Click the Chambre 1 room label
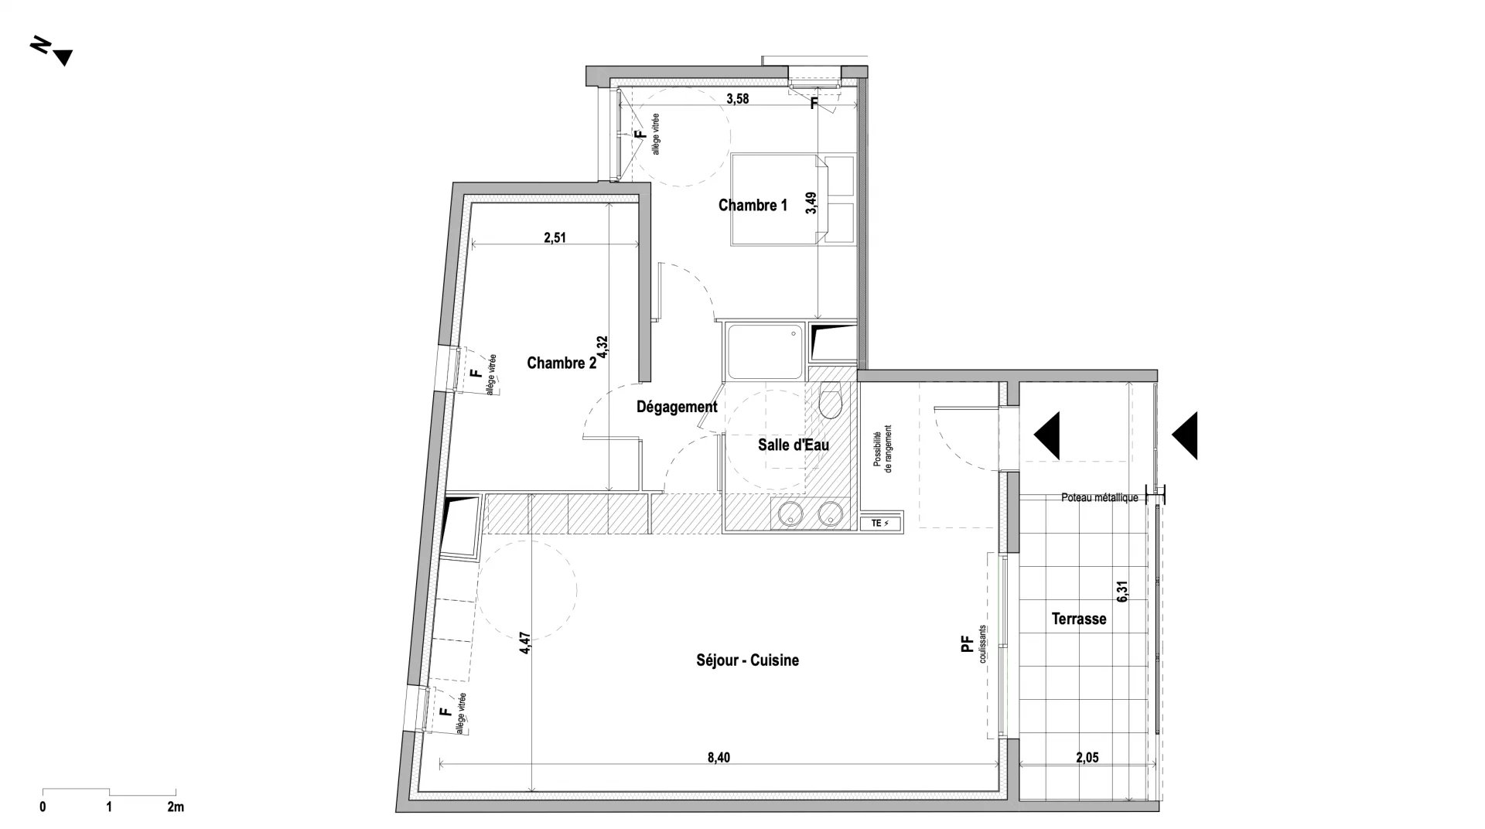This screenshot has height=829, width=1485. [x=753, y=205]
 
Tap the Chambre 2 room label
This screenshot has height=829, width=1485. [x=562, y=363]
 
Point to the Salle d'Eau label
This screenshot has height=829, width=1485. [x=794, y=445]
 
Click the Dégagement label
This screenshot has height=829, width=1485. [x=677, y=407]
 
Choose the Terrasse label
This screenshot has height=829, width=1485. [x=1079, y=619]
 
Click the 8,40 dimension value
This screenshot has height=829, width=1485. [x=719, y=758]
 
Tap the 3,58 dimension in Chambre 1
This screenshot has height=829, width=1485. [x=738, y=99]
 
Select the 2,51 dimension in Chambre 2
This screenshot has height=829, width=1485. [x=555, y=238]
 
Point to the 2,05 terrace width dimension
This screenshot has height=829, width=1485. [x=1087, y=758]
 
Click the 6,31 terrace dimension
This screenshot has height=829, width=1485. [x=1123, y=592]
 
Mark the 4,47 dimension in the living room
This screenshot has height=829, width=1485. [x=525, y=644]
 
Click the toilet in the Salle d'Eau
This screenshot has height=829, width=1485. [x=830, y=400]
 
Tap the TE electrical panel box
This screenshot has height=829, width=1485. [x=880, y=524]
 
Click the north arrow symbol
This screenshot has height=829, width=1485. [x=52, y=52]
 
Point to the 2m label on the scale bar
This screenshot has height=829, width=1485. [x=176, y=807]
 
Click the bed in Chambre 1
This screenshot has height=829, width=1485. [x=780, y=200]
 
